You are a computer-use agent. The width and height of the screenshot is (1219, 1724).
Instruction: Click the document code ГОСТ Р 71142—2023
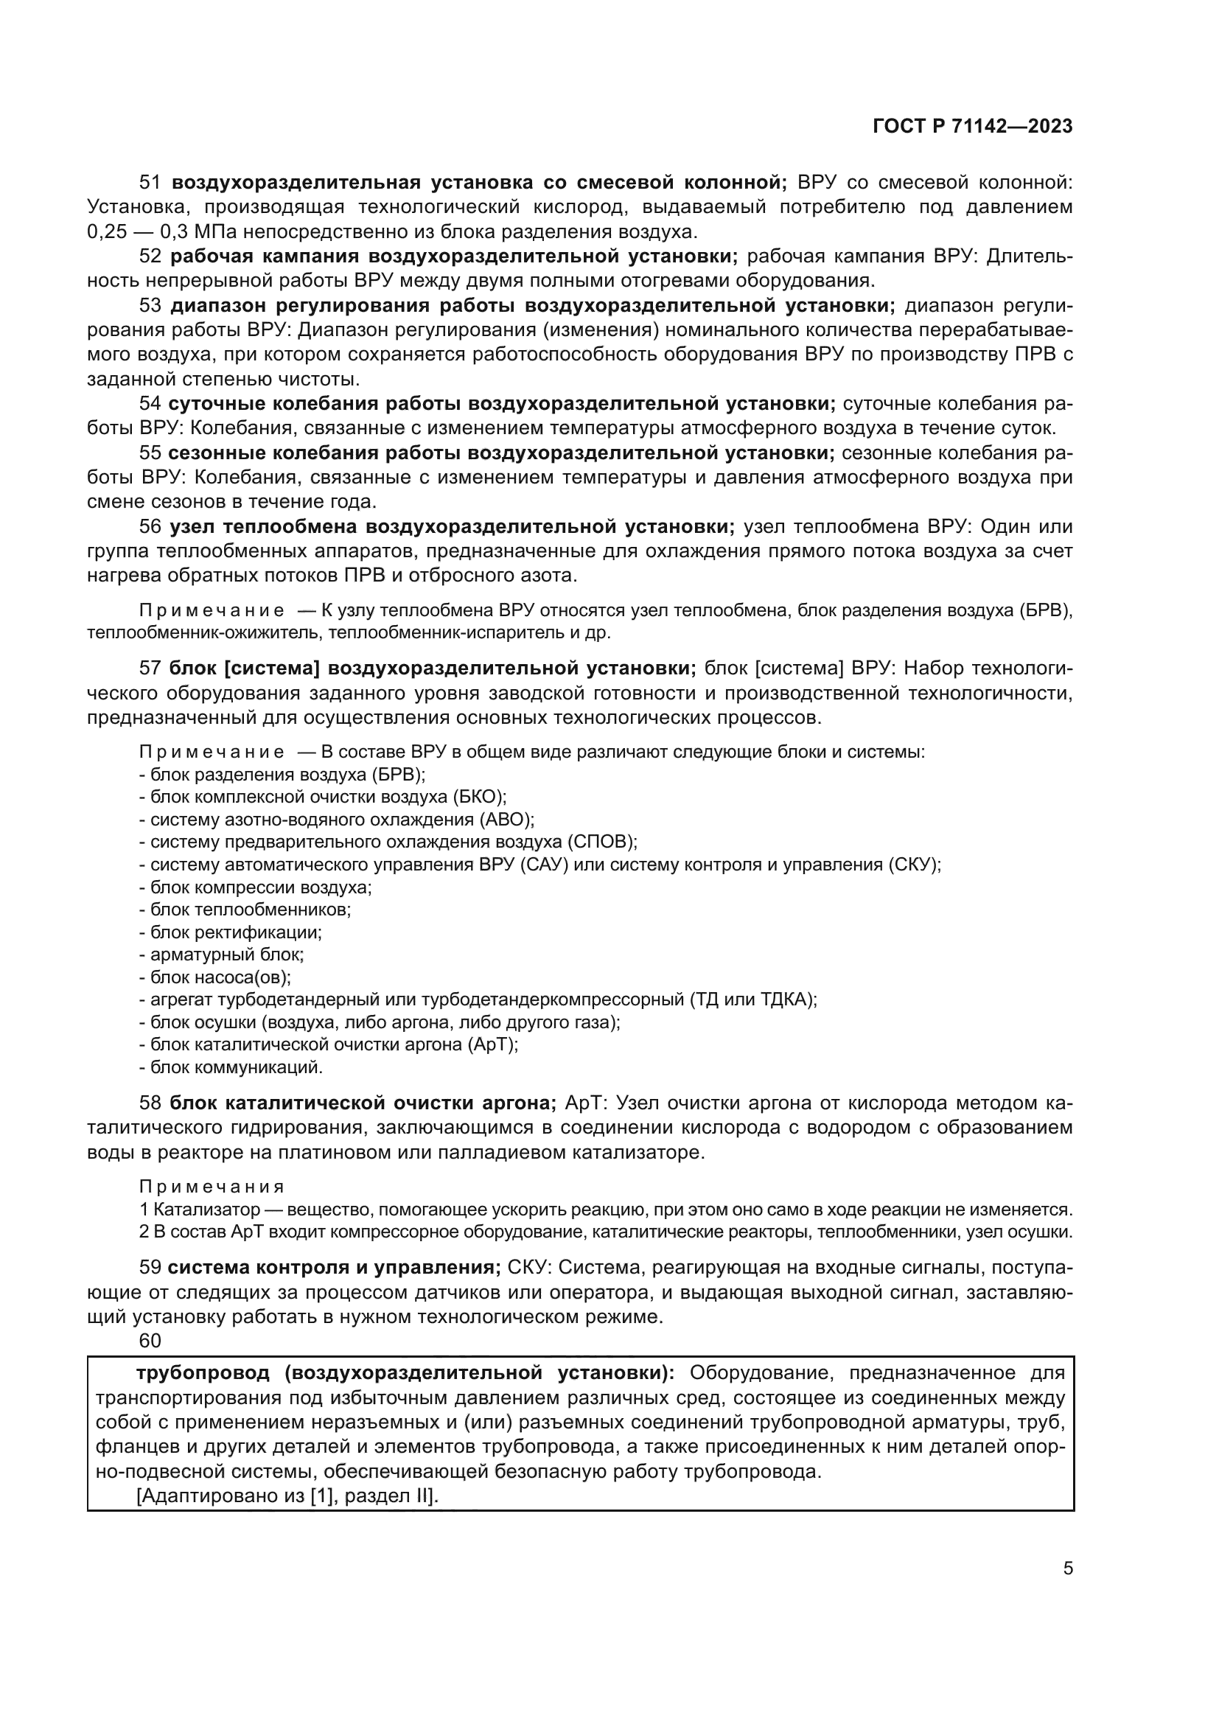click(972, 127)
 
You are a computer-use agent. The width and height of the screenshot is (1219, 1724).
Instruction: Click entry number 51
click(150, 183)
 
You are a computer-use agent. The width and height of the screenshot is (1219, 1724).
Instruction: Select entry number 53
click(150, 306)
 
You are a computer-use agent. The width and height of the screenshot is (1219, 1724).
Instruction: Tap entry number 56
click(150, 526)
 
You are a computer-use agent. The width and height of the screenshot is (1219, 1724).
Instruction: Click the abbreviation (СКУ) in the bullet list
click(914, 865)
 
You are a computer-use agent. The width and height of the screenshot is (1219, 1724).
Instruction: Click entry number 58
click(150, 1103)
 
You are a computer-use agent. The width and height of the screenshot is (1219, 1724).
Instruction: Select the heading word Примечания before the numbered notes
click(212, 1187)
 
